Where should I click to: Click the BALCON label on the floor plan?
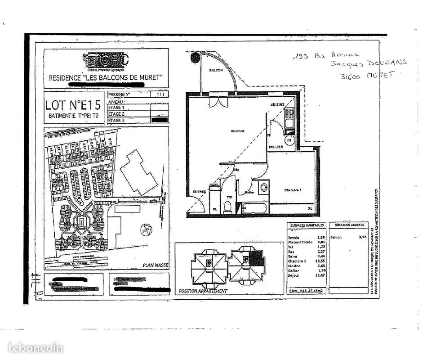tap(216, 71)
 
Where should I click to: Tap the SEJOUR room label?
tap(237, 131)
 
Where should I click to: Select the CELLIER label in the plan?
tap(276, 147)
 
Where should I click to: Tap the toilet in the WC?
tap(227, 207)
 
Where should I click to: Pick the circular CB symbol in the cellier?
tap(289, 140)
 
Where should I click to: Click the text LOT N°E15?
tap(72, 105)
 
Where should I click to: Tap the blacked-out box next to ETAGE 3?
tap(160, 120)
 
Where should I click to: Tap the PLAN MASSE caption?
tap(155, 265)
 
